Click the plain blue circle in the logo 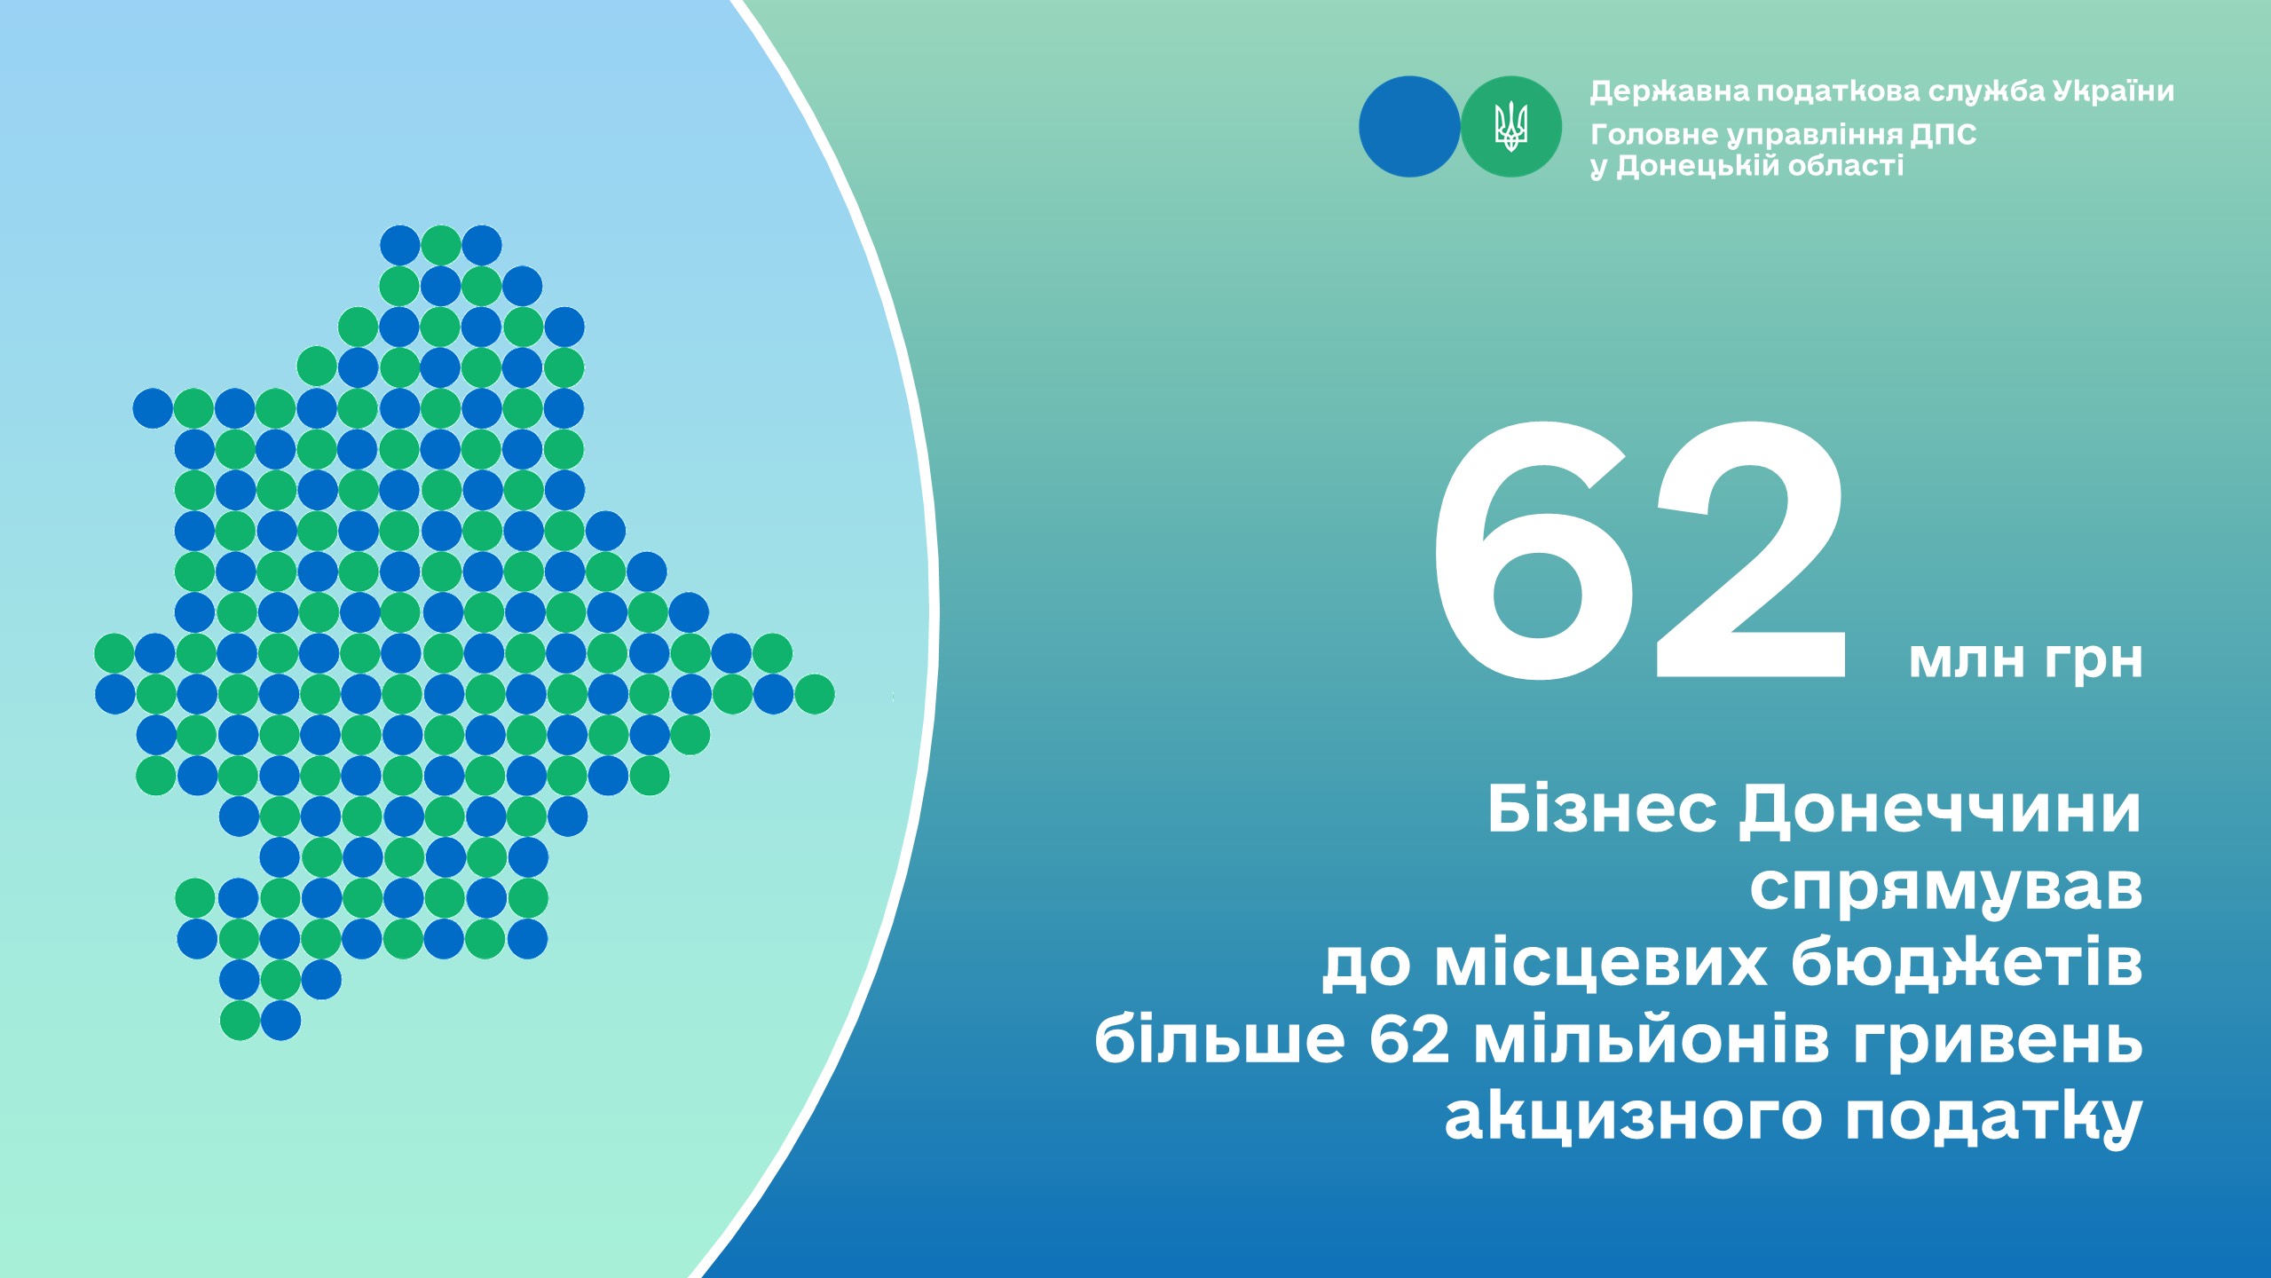click(1409, 126)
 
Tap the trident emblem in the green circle click(1510, 126)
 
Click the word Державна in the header click(1669, 91)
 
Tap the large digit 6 click(1534, 550)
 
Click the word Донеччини click(1940, 811)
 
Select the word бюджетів click(1967, 962)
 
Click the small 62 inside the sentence click(1409, 1039)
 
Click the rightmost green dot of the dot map click(814, 694)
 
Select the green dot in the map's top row click(441, 245)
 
